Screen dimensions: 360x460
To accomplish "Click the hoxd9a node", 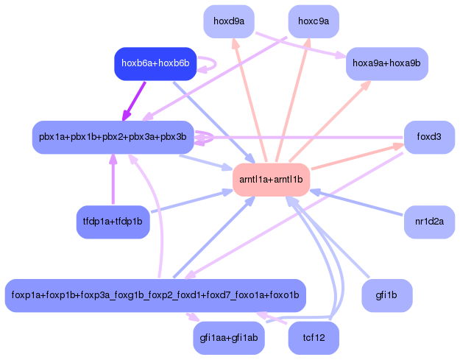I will click(x=229, y=21).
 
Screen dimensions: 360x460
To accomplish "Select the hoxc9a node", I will click(x=314, y=21).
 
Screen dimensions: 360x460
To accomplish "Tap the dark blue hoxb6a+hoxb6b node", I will click(x=155, y=64).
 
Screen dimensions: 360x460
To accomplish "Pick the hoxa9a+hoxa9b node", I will click(x=386, y=64).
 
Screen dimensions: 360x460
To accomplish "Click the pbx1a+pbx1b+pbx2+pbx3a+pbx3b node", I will click(x=113, y=137).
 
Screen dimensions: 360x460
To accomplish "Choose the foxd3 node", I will click(x=429, y=137).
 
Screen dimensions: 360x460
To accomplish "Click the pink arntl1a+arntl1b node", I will click(x=271, y=180).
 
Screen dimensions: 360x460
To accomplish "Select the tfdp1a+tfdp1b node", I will click(x=113, y=222).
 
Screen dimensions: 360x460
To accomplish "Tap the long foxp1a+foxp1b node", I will click(x=155, y=296).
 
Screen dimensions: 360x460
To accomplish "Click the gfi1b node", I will click(x=386, y=296).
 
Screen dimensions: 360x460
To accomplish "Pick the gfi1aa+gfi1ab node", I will click(x=229, y=338).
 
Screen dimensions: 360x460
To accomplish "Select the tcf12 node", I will click(x=314, y=338).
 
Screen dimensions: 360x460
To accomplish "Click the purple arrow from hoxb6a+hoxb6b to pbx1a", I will click(x=134, y=101).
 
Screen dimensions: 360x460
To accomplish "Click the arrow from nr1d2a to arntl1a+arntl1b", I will click(x=357, y=203).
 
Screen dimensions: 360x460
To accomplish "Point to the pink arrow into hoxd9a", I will click(x=247, y=96).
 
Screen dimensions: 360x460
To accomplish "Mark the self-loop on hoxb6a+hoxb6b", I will click(x=209, y=64).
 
